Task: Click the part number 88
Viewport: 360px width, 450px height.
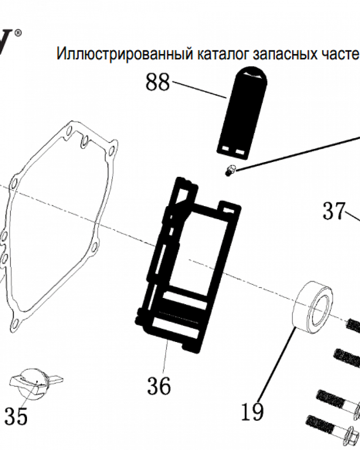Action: [x=157, y=83]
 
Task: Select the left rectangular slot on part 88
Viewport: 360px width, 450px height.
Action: [x=226, y=148]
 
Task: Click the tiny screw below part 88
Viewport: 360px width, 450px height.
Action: [x=231, y=171]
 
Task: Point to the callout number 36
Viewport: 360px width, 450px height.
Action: [x=158, y=386]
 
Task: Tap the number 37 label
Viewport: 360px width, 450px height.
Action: [x=334, y=211]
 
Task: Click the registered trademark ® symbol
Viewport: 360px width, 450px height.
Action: [x=18, y=32]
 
